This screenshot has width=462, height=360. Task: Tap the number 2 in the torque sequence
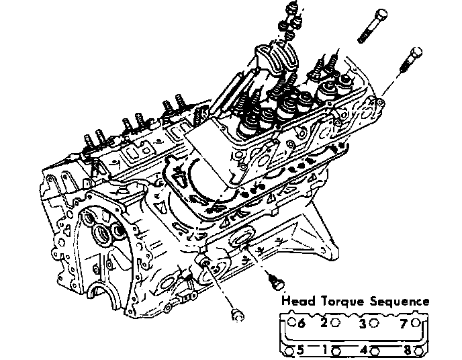click(x=324, y=322)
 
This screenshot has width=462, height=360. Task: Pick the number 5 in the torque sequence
click(x=301, y=350)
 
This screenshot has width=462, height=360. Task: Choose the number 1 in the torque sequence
click(x=324, y=350)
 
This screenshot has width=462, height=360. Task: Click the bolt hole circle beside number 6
click(x=291, y=322)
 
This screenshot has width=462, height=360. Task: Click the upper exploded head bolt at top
click(x=371, y=28)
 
